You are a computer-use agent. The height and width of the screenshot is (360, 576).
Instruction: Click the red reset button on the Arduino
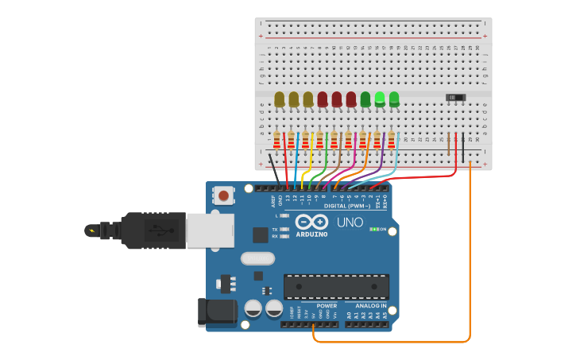point(224,195)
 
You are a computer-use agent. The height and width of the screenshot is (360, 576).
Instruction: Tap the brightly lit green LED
point(380,99)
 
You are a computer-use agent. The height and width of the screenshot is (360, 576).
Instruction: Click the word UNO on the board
point(350,223)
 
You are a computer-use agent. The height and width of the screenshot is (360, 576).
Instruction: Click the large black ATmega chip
point(336,287)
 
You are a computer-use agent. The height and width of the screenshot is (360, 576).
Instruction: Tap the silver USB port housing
point(210,230)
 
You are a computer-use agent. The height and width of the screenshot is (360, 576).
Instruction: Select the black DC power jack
point(216,311)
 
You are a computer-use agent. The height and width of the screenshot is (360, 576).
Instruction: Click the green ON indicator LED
point(373,229)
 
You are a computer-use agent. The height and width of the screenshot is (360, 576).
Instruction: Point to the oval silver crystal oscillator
point(257,258)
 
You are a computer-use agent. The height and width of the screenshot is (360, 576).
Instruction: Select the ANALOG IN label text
point(370,305)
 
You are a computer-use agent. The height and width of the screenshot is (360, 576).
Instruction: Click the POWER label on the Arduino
point(327,305)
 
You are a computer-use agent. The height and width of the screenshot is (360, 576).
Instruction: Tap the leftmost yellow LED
point(279,99)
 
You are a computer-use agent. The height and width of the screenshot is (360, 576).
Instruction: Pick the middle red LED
point(337,99)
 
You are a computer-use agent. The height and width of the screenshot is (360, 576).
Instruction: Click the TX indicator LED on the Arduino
point(284,229)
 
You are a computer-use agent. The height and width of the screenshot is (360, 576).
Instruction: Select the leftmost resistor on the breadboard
point(277,140)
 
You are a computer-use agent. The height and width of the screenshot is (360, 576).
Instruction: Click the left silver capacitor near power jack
point(253,308)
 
